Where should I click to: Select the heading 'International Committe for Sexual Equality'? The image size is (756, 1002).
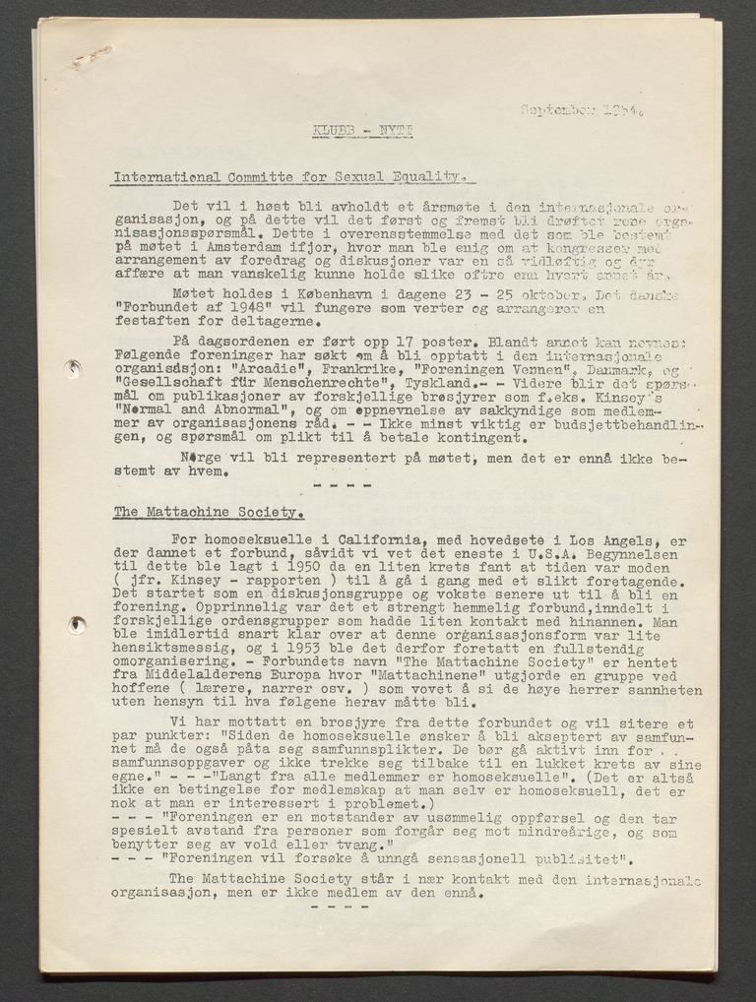coord(286,177)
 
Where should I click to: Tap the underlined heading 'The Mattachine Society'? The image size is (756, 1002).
coord(208,512)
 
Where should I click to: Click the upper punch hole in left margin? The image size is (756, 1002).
coord(72,368)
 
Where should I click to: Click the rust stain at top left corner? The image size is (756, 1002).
coord(91,56)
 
